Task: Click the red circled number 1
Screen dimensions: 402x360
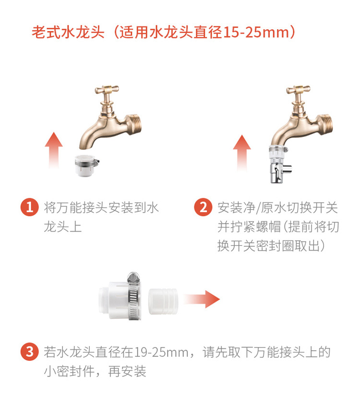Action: coord(30,207)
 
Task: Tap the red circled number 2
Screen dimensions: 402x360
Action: coord(203,207)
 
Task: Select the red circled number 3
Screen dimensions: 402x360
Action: coord(30,352)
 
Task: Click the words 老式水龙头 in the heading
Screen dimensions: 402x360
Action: coord(67,33)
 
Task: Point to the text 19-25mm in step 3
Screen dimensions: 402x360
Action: coord(161,352)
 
